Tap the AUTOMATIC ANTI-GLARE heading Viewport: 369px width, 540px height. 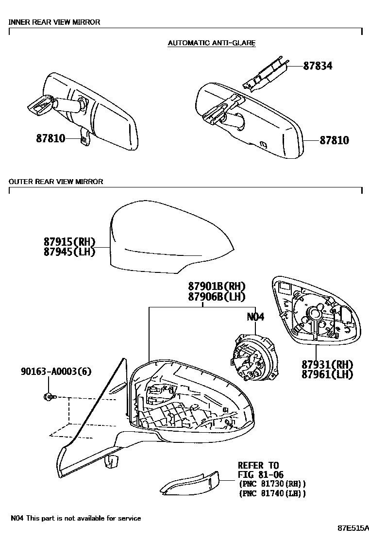tap(211, 43)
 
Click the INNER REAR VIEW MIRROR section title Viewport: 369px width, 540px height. tap(54, 22)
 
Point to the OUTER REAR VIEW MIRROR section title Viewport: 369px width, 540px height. tap(56, 182)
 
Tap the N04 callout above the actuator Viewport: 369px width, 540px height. tap(255, 317)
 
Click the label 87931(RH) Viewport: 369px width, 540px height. tap(327, 365)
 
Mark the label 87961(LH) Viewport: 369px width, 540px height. tap(327, 374)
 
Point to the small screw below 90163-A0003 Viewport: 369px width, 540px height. tap(50, 397)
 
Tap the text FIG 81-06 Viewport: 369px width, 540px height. tap(260, 475)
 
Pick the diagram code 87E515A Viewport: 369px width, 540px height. tap(353, 528)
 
